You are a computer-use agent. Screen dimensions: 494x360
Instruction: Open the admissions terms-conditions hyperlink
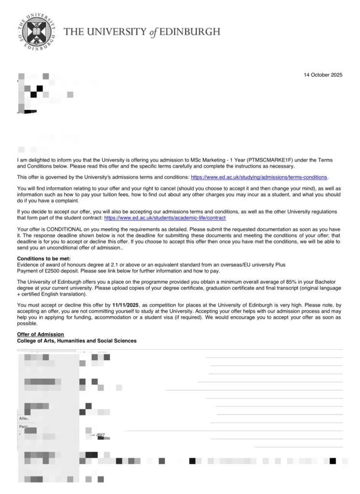point(259,177)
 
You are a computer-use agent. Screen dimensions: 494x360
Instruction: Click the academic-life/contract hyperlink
point(165,218)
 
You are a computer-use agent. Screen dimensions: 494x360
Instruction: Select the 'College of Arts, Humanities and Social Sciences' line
point(77,341)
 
